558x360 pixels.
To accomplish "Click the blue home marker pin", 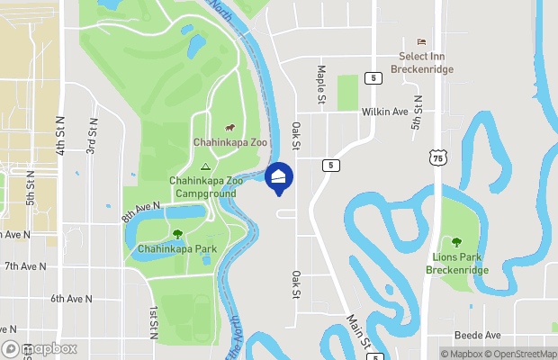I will coord(279,177).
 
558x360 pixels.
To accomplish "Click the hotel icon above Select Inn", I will coord(420,42).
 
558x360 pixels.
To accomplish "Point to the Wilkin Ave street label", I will coord(384,112).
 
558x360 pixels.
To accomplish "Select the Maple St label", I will coord(320,85).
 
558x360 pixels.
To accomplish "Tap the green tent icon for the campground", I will coord(204,166).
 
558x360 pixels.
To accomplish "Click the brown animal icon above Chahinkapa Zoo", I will coord(229,127).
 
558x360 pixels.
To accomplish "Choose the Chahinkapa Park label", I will coord(176,248).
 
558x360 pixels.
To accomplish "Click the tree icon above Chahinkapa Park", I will coord(165,234).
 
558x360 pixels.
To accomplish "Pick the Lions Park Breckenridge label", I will coord(456,263).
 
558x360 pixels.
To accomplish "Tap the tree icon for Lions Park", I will coord(456,242).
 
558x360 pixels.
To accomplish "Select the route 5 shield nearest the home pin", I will coord(331,165).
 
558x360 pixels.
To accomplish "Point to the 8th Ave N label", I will coord(141,212).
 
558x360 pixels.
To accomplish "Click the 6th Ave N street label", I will coord(72,298).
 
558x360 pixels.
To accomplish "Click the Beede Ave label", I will coord(477,335).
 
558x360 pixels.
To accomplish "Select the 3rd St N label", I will coord(92,135).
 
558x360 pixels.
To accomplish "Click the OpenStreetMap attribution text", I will coord(526,353).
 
